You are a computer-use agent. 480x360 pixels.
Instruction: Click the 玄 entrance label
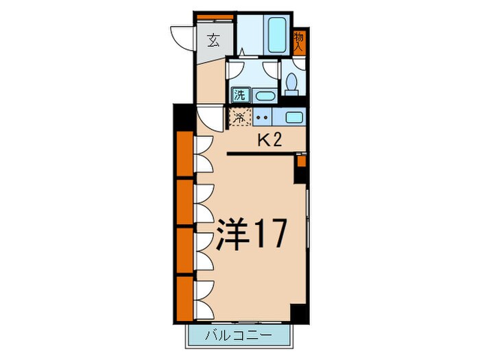point(213,40)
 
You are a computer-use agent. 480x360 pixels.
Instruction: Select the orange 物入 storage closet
point(299,43)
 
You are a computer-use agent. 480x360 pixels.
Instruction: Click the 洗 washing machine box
point(241,95)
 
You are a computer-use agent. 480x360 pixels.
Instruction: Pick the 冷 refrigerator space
point(239,117)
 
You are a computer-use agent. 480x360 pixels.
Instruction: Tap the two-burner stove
point(263,117)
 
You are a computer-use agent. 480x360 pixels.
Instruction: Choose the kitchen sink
point(293,117)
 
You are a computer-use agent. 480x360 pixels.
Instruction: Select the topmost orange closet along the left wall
point(184,154)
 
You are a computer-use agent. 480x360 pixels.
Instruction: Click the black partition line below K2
point(261,154)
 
